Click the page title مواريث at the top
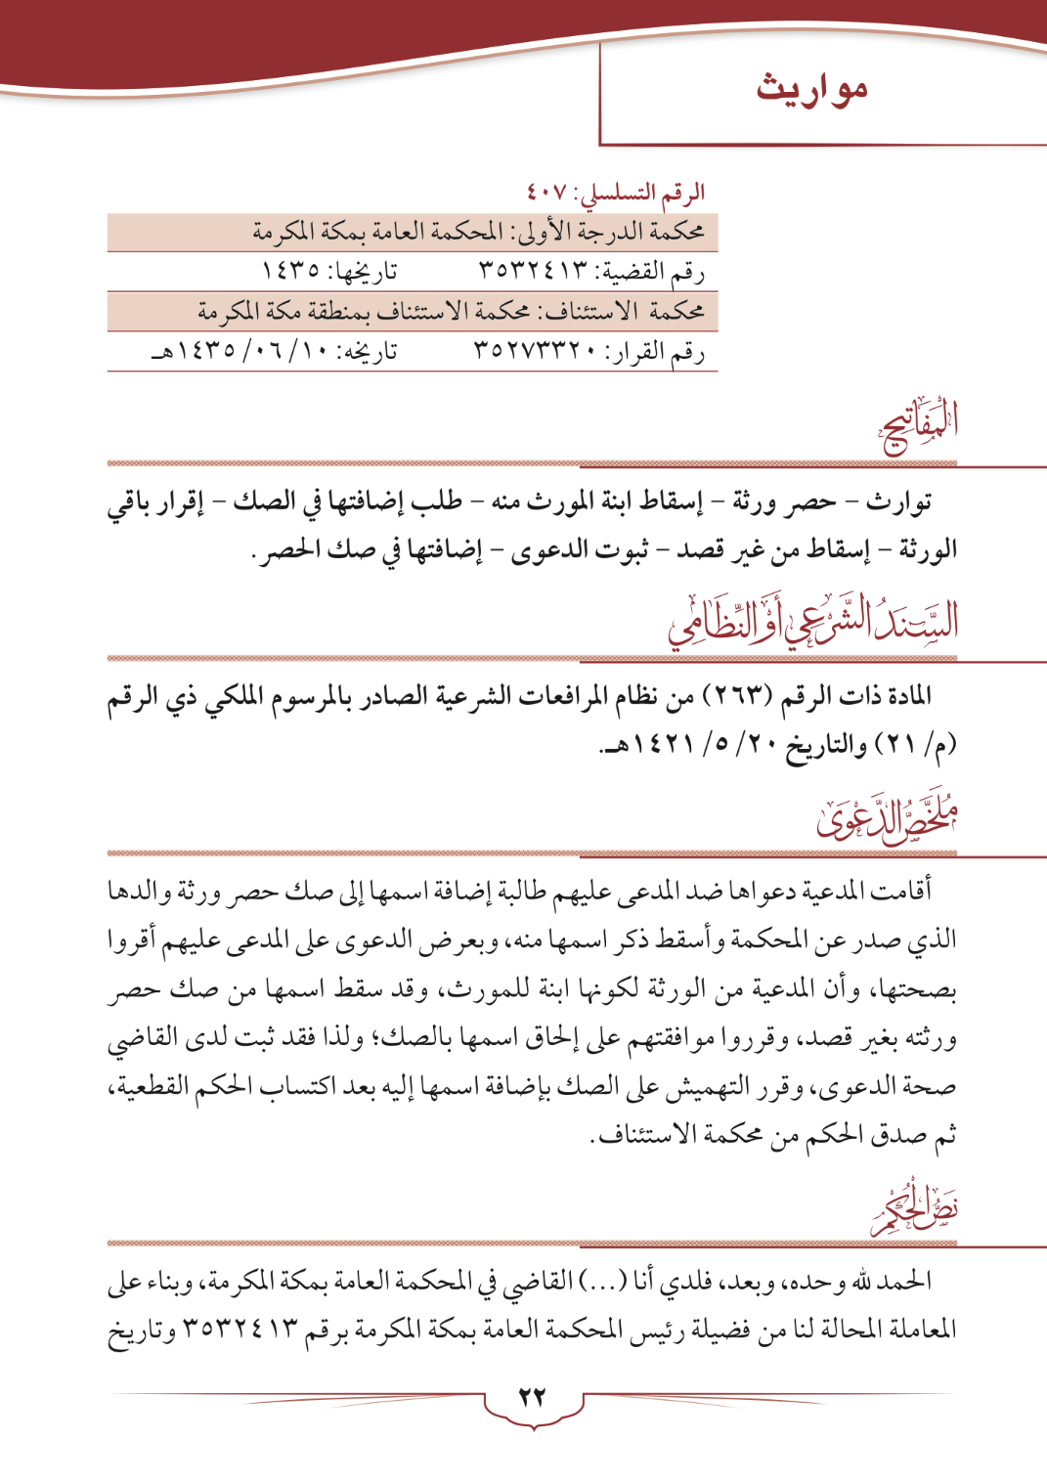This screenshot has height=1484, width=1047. (x=811, y=88)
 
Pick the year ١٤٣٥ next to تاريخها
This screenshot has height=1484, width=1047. (x=289, y=271)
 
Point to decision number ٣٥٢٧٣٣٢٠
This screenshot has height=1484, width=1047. (x=534, y=350)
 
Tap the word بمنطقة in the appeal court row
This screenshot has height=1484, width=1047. (x=349, y=311)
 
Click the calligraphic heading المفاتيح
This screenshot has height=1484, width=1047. (x=919, y=426)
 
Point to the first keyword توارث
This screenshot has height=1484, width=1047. (x=898, y=502)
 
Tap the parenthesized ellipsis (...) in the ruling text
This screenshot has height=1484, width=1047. (x=602, y=1281)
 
